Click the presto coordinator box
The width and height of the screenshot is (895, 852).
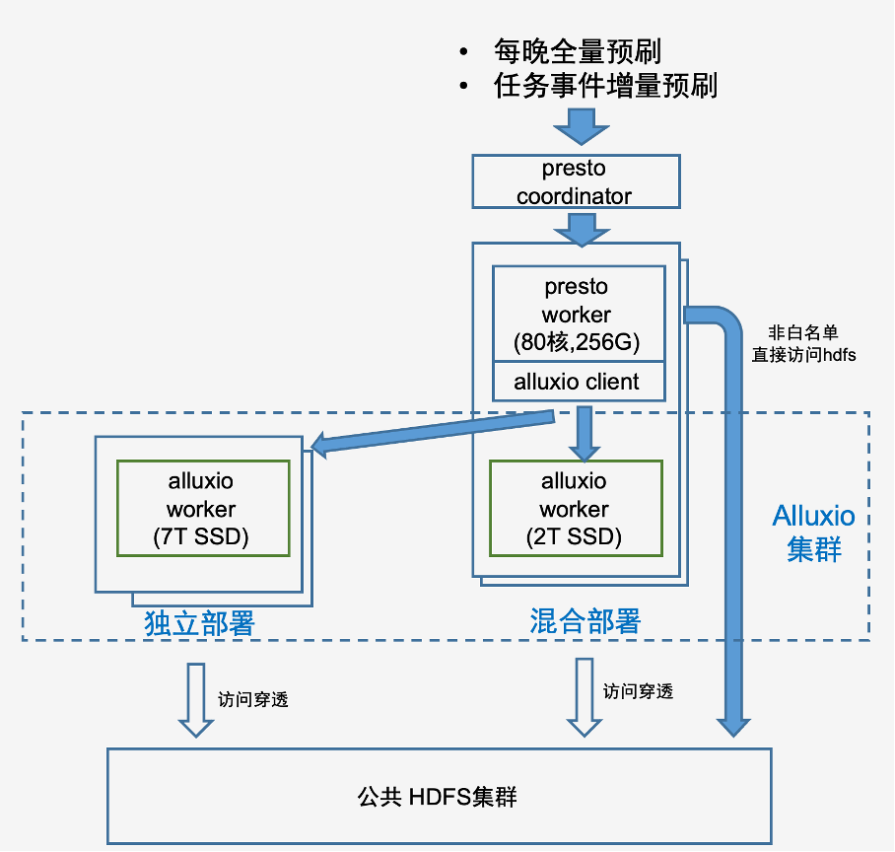click(576, 181)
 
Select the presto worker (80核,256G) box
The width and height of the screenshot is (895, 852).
click(577, 315)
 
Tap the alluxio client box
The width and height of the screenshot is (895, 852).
click(577, 383)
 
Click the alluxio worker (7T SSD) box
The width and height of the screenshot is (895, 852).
click(202, 509)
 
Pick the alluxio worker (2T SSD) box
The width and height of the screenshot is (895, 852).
click(575, 509)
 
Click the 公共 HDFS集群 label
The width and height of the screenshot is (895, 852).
click(438, 797)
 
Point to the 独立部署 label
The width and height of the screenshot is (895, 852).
click(199, 623)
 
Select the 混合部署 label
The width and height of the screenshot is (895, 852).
click(585, 621)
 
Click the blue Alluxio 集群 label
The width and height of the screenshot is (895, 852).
click(814, 532)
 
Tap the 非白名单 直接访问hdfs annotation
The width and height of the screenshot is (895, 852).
click(803, 344)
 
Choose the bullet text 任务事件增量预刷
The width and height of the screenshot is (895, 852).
click(604, 87)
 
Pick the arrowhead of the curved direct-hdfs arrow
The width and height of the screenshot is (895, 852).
click(732, 725)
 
